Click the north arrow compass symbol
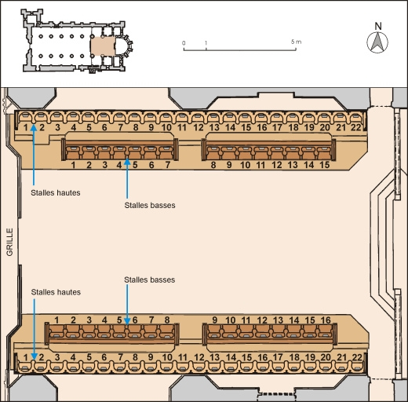pyautogui.click(x=377, y=46)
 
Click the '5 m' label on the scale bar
pyautogui.click(x=295, y=41)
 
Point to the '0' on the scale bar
pyautogui.click(x=184, y=41)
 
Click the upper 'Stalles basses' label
pyautogui.click(x=149, y=206)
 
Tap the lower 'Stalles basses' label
pyautogui.click(x=149, y=280)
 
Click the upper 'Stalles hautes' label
pyautogui.click(x=55, y=191)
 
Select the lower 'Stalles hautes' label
pyautogui.click(x=55, y=292)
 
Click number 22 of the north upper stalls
pyautogui.click(x=356, y=127)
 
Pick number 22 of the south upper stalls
pyautogui.click(x=356, y=357)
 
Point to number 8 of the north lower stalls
pyautogui.click(x=213, y=165)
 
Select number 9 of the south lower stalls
pyautogui.click(x=214, y=320)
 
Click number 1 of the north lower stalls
pyautogui.click(x=73, y=165)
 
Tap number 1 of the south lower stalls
pyautogui.click(x=57, y=320)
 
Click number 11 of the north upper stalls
pyautogui.click(x=182, y=127)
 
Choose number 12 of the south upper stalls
pyautogui.click(x=198, y=357)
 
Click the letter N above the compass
pyautogui.click(x=377, y=25)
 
